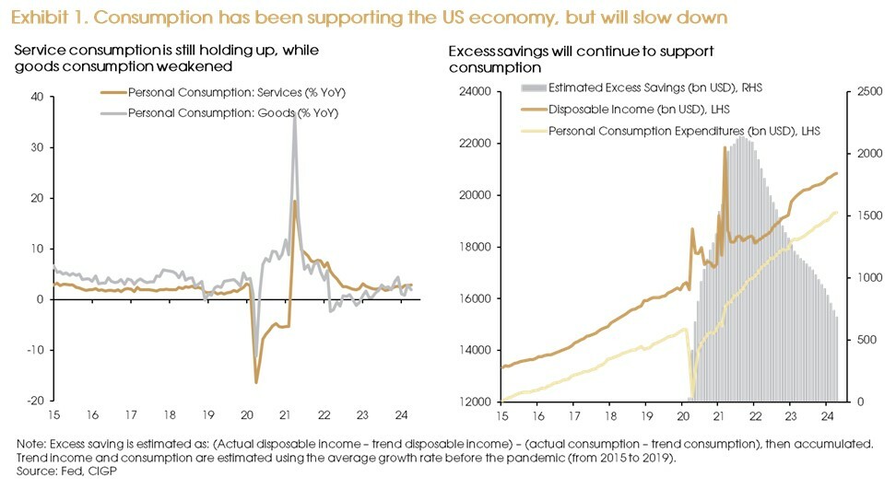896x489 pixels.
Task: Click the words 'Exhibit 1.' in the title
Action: pos(44,16)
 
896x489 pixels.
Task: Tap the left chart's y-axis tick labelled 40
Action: pos(38,97)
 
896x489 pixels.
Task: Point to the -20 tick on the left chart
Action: pos(35,401)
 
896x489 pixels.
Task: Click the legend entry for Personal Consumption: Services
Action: pos(237,93)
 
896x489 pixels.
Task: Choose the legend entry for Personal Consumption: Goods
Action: pos(232,112)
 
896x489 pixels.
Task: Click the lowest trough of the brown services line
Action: pos(255,381)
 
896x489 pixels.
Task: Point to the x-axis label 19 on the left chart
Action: pos(207,414)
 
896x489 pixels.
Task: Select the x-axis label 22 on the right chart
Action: pos(755,415)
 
